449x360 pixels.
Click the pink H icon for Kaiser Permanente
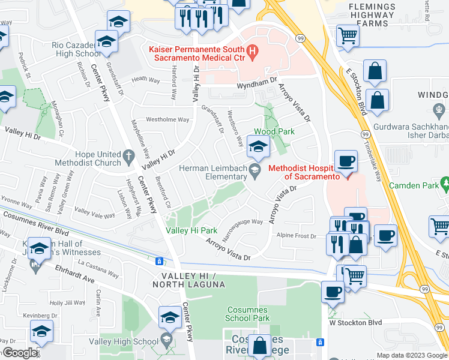252,53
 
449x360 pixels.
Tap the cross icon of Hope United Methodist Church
128,157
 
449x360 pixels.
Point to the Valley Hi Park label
191,230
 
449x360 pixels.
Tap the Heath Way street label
147,79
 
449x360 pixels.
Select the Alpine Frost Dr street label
296,236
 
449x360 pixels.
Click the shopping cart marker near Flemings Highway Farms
348,36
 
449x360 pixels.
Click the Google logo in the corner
20,353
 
